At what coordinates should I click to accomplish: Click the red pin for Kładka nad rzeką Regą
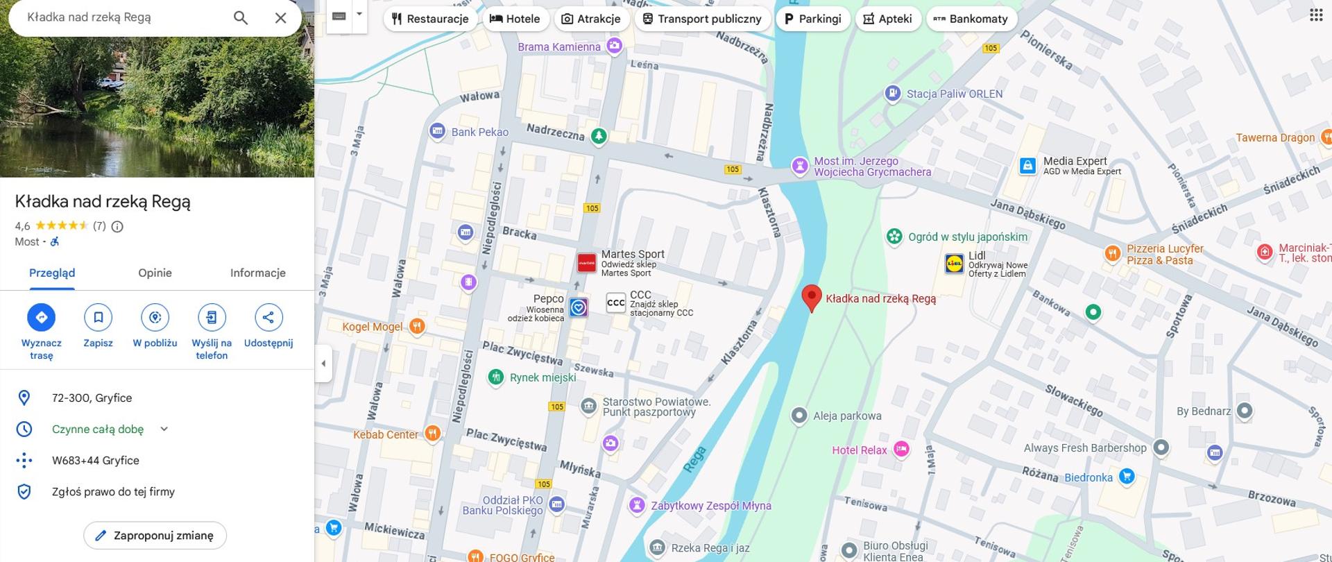(811, 297)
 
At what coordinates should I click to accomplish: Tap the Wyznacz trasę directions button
(41, 318)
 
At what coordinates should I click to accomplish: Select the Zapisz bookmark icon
(98, 318)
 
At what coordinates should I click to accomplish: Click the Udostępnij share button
(268, 318)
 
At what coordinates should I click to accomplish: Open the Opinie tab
(155, 273)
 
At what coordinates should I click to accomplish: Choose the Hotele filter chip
(515, 19)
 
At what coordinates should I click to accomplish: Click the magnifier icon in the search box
(241, 17)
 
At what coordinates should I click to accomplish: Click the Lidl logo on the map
(954, 264)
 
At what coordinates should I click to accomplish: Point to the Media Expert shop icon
(1027, 166)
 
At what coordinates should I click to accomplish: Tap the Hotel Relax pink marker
(901, 450)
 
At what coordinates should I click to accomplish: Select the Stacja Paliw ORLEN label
(954, 94)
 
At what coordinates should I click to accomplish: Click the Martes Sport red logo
(586, 263)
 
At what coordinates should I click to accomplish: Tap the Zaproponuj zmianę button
(155, 536)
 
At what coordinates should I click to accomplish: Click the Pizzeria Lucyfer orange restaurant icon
(1112, 253)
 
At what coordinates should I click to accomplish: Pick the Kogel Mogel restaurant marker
(416, 326)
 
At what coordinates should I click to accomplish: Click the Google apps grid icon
(1315, 15)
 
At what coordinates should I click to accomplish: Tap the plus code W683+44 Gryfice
(96, 461)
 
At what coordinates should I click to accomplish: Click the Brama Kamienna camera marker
(614, 46)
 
